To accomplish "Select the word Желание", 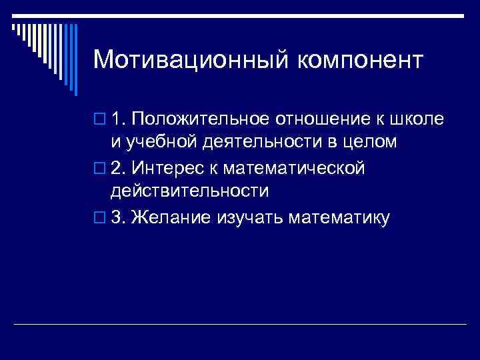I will coord(171,217).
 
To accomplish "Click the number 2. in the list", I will coord(119,168).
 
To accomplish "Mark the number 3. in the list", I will coord(119,217).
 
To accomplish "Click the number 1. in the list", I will coord(119,119).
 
